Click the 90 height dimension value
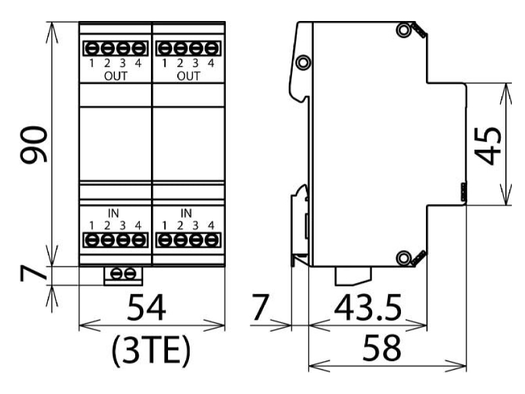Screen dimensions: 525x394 click(34, 144)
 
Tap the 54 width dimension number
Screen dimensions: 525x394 click(146, 307)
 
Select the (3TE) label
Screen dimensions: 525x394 click(151, 351)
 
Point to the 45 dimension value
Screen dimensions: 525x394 click(488, 146)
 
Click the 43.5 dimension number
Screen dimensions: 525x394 click(367, 307)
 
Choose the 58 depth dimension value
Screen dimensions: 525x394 click(381, 348)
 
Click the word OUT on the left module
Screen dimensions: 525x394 click(116, 76)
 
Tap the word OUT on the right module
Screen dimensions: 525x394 click(188, 76)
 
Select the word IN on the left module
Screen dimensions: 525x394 click(114, 213)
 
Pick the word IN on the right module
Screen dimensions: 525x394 click(186, 213)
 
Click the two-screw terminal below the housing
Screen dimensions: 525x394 click(123, 275)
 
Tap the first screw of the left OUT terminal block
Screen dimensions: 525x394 click(91, 49)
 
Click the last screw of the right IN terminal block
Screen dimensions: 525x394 click(211, 240)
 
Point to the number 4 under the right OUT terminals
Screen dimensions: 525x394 click(211, 63)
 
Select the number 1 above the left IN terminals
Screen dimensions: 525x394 click(91, 225)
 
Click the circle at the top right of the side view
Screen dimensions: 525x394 click(404, 30)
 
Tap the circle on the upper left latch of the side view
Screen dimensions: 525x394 click(303, 62)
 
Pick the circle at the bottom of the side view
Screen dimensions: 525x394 click(404, 258)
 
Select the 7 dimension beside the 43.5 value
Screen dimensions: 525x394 click(260, 307)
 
